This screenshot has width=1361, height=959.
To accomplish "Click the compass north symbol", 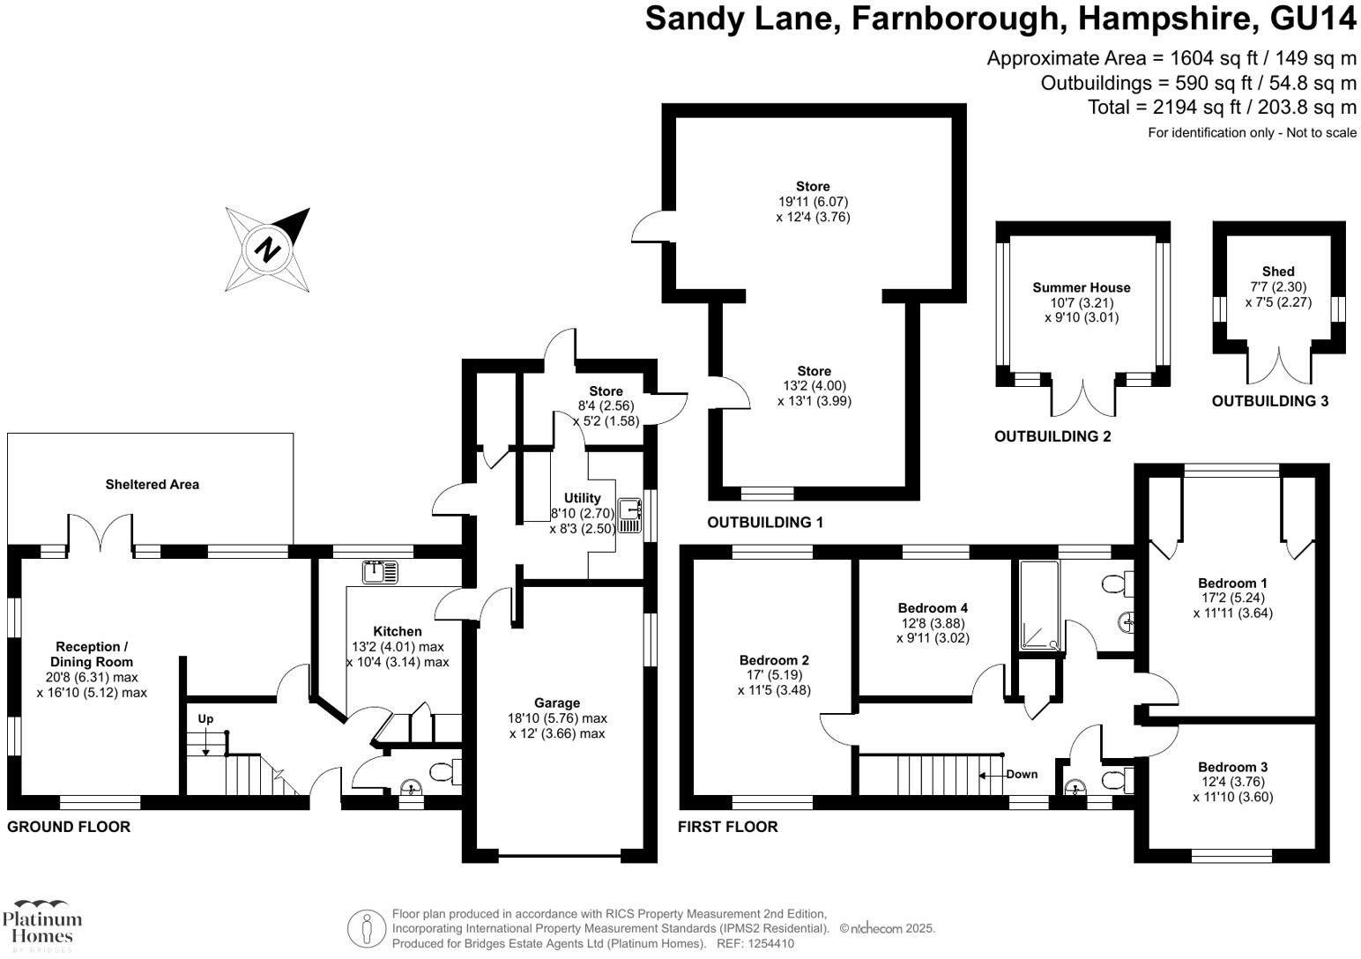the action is (267, 249).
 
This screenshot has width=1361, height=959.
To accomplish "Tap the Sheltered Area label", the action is (152, 484).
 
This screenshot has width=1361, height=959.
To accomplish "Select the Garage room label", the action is (557, 703).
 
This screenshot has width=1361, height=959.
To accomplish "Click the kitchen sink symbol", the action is (381, 571).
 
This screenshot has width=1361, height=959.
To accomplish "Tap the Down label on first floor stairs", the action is (1022, 774).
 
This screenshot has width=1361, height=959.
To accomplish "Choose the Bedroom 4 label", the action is (933, 607).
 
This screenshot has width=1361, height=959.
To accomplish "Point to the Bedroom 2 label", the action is (774, 659).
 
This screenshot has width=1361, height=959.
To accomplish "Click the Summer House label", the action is (1081, 287).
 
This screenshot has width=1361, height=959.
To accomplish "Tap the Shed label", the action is (1278, 271).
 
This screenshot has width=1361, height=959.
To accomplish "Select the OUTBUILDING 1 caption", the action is (764, 522).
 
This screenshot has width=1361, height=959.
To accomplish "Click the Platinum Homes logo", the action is (41, 925).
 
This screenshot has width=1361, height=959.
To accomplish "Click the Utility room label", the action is (582, 498).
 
